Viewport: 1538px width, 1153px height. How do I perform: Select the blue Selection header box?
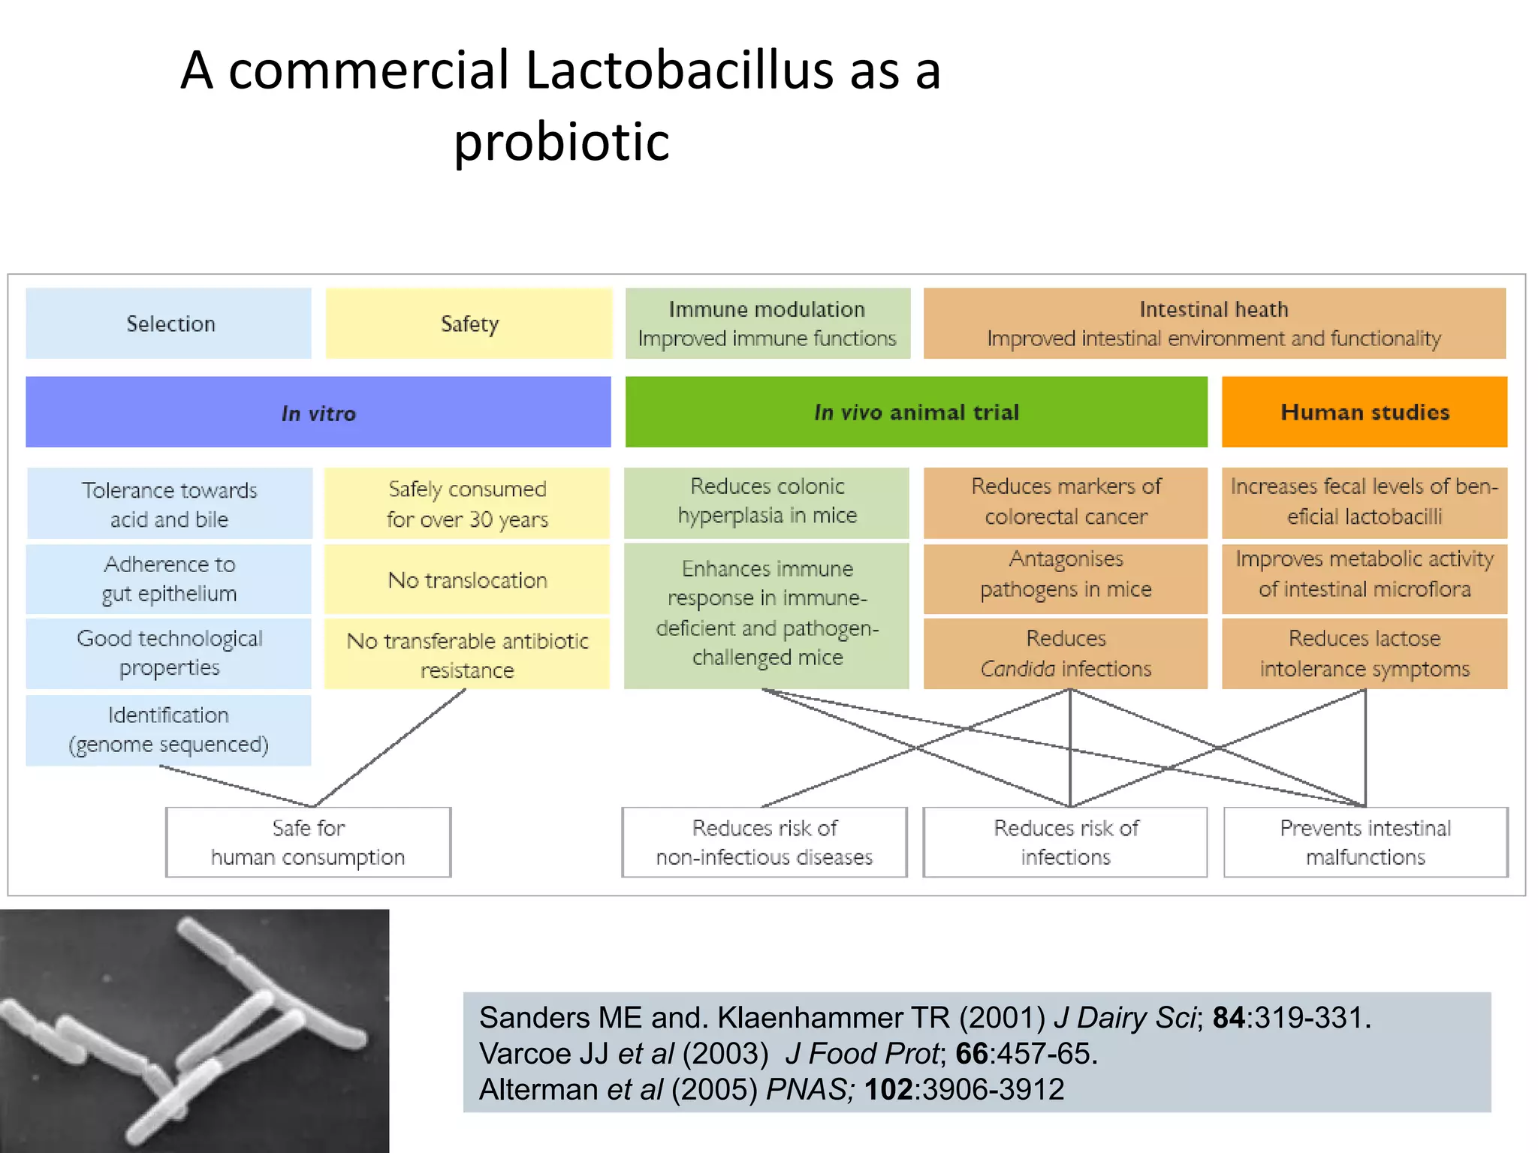[x=169, y=324]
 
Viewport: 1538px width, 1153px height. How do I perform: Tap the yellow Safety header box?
[x=469, y=324]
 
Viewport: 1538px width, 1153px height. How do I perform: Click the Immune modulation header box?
[x=767, y=324]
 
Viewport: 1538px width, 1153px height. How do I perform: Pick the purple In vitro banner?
[x=318, y=412]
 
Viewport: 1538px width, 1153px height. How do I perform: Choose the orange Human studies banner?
[x=1364, y=412]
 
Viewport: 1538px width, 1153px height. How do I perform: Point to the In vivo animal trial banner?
[x=915, y=412]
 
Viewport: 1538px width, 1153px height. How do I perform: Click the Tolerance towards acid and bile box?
[x=169, y=504]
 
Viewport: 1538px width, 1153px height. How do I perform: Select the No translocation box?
[x=467, y=580]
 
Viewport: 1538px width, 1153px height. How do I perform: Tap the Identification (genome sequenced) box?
[x=168, y=730]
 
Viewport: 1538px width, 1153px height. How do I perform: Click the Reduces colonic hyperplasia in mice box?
[x=767, y=501]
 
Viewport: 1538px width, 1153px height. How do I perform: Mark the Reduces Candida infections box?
[x=1065, y=653]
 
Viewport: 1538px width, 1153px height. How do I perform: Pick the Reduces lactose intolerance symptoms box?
[x=1364, y=653]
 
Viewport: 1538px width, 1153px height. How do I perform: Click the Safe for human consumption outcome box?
[x=308, y=842]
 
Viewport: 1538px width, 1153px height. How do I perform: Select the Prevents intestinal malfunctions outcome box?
[x=1365, y=842]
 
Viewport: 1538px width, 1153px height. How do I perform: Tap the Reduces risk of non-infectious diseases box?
[x=764, y=842]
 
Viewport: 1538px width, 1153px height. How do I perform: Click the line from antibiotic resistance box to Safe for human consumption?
[x=391, y=748]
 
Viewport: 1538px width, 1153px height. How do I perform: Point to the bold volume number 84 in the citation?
[x=1229, y=1018]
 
